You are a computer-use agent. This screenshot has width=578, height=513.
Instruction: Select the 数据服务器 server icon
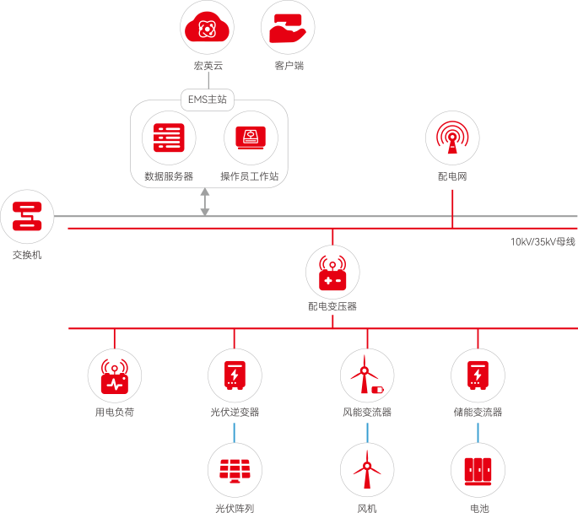coord(169,138)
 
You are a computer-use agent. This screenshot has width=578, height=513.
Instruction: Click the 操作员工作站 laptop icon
coord(251,138)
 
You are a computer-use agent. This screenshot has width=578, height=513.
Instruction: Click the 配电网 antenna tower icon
coord(452,138)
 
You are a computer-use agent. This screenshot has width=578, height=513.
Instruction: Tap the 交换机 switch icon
coord(27,217)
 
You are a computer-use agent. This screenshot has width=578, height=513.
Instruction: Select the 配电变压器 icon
coord(332,272)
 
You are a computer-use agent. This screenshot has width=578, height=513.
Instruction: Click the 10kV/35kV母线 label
coord(542,241)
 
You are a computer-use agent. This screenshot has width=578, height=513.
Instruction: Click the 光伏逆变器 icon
coord(235,375)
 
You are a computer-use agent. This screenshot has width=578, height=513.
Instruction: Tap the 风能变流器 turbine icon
coord(367,375)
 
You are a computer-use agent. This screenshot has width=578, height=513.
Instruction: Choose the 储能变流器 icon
coord(478,375)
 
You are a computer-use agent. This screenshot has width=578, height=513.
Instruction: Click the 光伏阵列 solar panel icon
coord(235,469)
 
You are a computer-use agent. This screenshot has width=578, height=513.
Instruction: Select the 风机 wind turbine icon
coord(367,469)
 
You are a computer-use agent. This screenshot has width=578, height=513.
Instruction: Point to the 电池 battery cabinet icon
coord(478,469)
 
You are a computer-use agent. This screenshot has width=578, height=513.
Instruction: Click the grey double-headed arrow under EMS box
coord(205,202)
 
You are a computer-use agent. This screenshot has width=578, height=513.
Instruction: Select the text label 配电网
coord(452,177)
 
